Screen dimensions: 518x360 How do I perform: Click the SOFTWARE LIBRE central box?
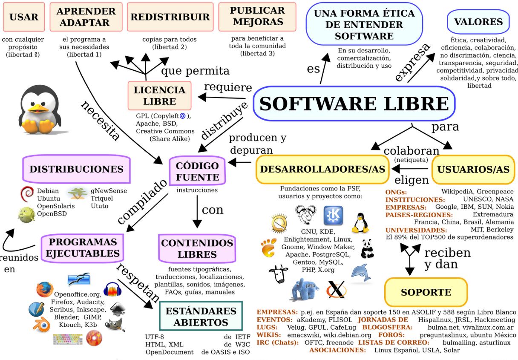354,104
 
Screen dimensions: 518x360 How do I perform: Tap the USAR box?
24,17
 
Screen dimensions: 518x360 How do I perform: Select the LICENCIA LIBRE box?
160,95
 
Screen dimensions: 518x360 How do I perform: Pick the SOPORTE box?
426,292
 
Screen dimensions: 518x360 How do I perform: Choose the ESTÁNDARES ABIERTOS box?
201,316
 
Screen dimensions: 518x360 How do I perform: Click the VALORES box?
478,22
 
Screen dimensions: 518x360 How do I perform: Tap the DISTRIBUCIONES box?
76,169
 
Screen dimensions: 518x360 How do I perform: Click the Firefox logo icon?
44,289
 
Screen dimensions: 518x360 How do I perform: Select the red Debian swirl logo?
27,194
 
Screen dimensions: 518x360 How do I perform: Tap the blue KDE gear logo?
333,216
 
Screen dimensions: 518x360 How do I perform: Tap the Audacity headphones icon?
113,292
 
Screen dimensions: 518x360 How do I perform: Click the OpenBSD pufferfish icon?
26,214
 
